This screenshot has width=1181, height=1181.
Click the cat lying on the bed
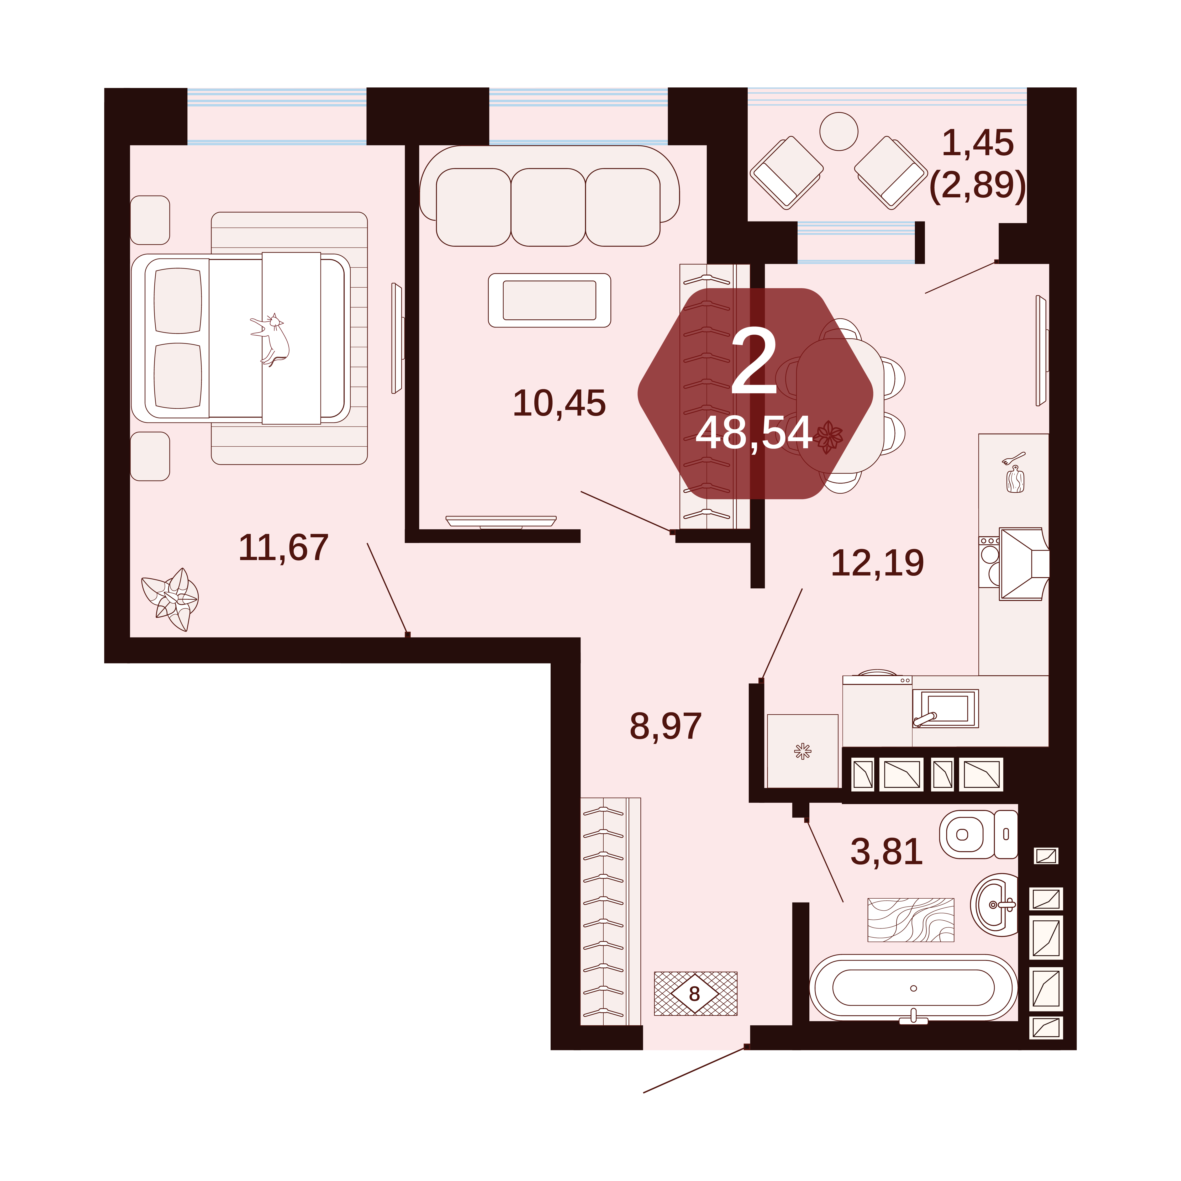tap(271, 340)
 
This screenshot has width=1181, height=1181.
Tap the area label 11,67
tap(284, 548)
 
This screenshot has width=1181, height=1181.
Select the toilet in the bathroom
tap(978, 834)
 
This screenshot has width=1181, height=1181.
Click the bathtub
tap(913, 988)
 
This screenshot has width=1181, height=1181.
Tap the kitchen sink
tap(945, 709)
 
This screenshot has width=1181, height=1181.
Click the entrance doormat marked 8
tap(696, 993)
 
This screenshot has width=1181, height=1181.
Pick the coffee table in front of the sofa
tap(550, 300)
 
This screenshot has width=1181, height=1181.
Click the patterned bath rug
tap(911, 919)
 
